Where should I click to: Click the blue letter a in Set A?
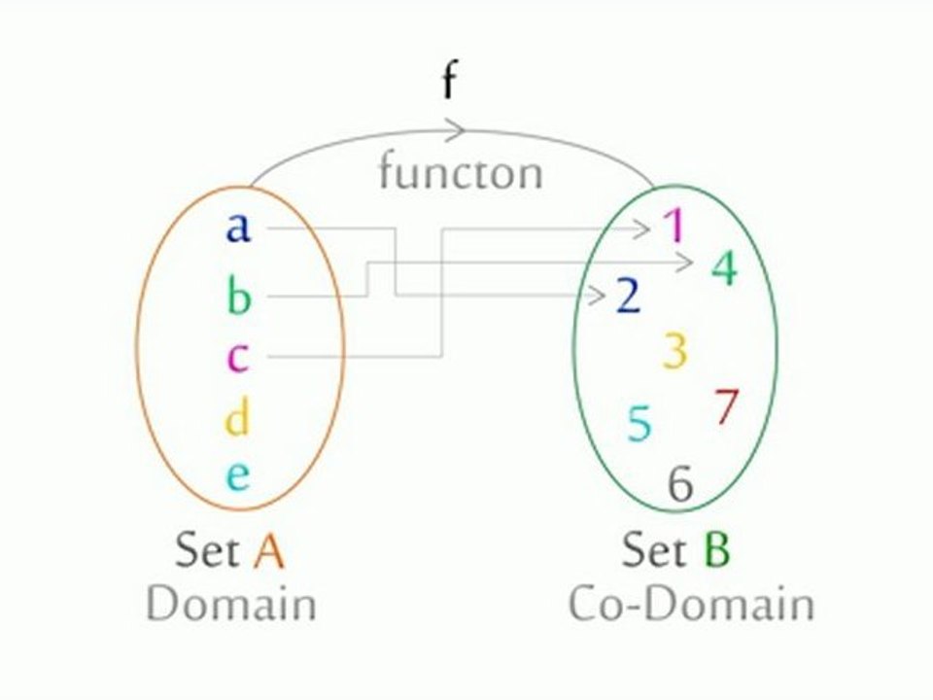tap(238, 227)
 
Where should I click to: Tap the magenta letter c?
tap(238, 358)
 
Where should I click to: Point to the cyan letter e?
tap(238, 476)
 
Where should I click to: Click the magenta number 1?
tap(674, 227)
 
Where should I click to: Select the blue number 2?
tap(629, 296)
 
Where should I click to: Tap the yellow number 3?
tap(675, 351)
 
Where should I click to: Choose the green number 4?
tap(724, 267)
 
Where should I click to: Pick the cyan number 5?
tap(639, 423)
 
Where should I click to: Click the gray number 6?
tap(680, 484)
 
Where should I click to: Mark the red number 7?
tap(727, 406)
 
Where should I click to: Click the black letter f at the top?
tap(449, 82)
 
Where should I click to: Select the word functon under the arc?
tap(460, 173)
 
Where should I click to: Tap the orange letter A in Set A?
tap(268, 551)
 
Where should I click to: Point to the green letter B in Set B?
tap(716, 551)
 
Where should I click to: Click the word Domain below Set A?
tap(231, 604)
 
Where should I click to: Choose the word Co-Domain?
tap(691, 604)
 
